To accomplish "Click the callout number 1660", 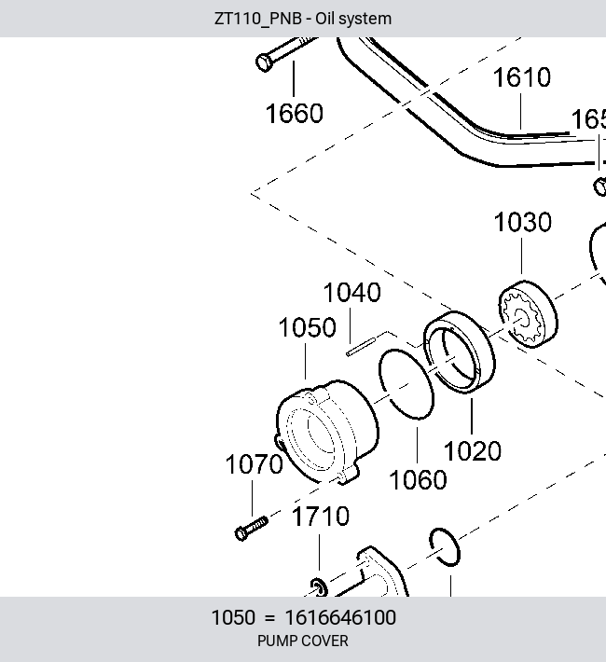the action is click(x=295, y=113).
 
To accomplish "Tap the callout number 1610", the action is click(x=522, y=77).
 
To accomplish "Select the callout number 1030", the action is click(x=523, y=222).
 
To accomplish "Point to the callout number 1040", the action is click(x=352, y=292).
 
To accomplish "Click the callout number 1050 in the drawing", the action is click(x=308, y=327).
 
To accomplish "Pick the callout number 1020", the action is click(x=473, y=450).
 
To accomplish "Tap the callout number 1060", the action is click(x=418, y=479).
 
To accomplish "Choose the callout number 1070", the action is click(x=255, y=464).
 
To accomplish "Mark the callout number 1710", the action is click(x=321, y=516).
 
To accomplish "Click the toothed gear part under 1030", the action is click(x=528, y=314).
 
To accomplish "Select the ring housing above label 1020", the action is click(x=460, y=352).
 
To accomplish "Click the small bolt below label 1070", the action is click(x=252, y=529).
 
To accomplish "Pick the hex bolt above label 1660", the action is click(x=287, y=52).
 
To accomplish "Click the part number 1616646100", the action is click(x=341, y=617).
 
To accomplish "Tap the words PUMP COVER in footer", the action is click(x=303, y=641).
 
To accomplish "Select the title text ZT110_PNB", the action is click(x=258, y=19).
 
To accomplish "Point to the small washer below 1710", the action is click(x=319, y=587).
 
